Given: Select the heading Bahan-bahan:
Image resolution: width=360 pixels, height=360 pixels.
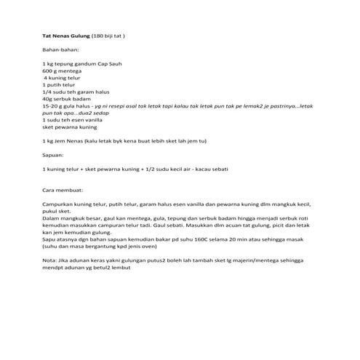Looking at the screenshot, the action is click(x=61, y=50).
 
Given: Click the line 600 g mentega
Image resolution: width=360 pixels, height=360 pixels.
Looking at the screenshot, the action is click(x=63, y=71).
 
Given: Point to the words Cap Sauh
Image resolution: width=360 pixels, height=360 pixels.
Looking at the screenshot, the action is click(x=108, y=65).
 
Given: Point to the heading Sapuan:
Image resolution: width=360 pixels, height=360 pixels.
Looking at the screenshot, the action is click(x=54, y=155).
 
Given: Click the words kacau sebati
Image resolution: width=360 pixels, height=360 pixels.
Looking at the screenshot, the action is click(x=211, y=169).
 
